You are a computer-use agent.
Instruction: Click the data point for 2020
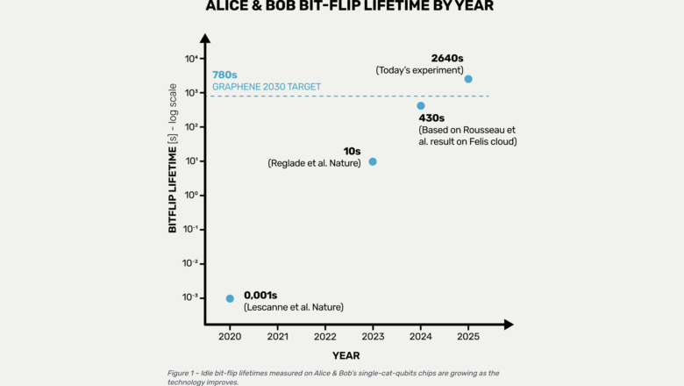[x=230, y=298]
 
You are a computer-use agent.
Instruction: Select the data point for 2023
[x=373, y=161]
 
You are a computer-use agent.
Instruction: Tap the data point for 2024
[x=421, y=106]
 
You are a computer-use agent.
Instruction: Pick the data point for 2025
[x=468, y=79]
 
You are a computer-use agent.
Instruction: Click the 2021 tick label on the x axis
[x=277, y=336]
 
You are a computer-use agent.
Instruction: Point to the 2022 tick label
[x=325, y=336]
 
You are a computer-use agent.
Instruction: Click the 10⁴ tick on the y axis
[x=190, y=59]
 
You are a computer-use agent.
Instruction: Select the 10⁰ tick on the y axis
[x=190, y=196]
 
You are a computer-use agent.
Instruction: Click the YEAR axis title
[x=346, y=355]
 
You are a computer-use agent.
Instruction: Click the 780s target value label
[x=225, y=75]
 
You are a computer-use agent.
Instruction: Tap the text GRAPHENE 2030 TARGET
[x=267, y=87]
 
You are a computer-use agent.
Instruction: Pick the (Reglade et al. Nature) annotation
[x=314, y=163]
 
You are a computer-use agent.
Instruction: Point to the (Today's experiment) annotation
[x=419, y=70]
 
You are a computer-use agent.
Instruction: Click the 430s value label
[x=431, y=118]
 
